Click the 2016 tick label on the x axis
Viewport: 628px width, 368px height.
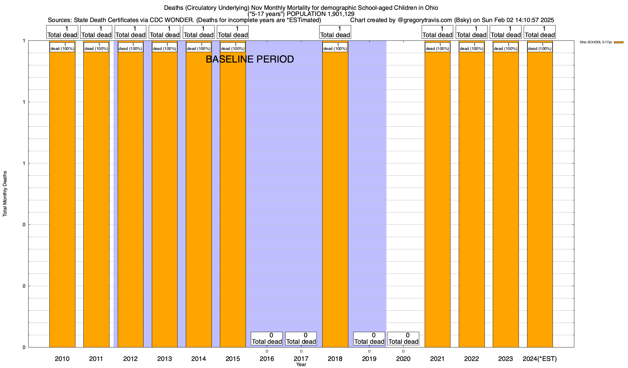[x=267, y=358]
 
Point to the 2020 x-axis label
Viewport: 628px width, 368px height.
[x=403, y=358]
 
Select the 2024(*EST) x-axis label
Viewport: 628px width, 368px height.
[x=540, y=358]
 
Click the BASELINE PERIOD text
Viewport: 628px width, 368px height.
[x=250, y=59]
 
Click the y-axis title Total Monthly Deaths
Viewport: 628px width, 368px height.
[x=5, y=194]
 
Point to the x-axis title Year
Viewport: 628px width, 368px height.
[x=301, y=365]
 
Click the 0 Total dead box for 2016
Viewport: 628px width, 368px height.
[x=267, y=339]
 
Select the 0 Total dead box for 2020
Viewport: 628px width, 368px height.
[x=403, y=339]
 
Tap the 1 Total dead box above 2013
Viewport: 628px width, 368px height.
[x=165, y=32]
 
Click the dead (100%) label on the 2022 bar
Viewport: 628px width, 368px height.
[x=472, y=47]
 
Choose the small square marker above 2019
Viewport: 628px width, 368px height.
[x=369, y=351]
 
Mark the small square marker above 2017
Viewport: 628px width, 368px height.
[x=301, y=351]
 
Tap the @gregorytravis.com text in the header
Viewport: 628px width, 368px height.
[x=425, y=20]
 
